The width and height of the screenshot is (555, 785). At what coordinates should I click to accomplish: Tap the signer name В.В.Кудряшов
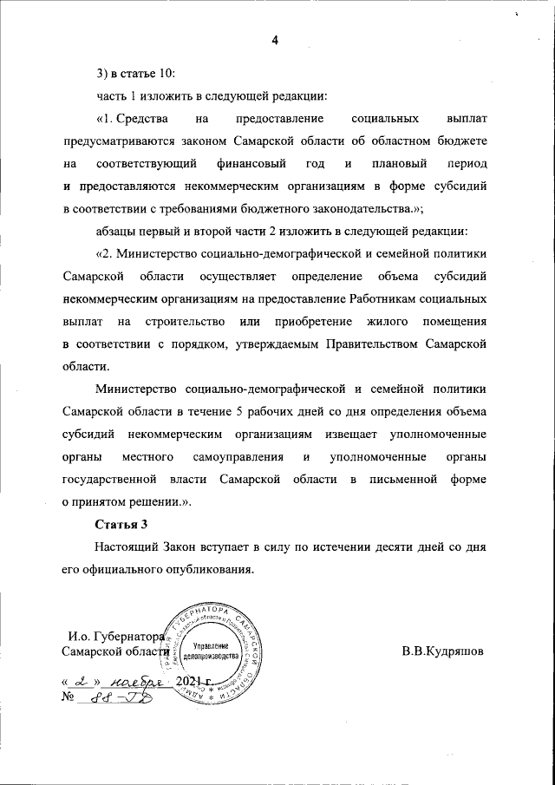443,651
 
